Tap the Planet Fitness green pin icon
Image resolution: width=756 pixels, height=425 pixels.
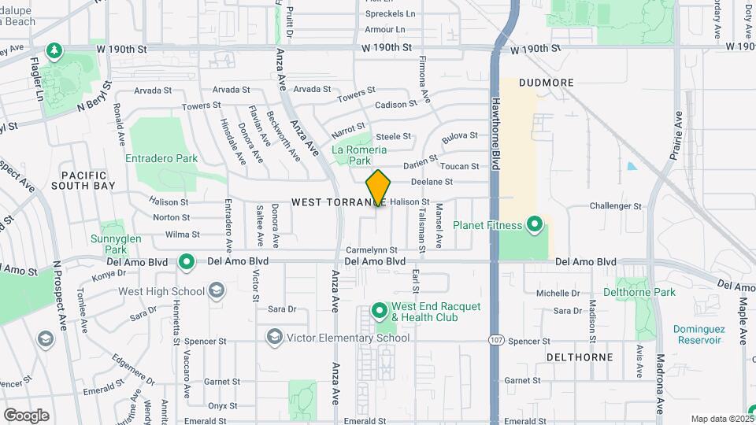535,225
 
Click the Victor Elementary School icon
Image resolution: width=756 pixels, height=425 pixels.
275,338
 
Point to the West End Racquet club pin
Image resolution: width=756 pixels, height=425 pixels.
379,312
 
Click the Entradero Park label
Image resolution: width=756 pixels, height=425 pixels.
161,158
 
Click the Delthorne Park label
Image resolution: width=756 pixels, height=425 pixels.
639,292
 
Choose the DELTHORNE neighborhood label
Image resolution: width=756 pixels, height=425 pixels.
580,357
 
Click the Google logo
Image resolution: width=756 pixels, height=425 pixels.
26,415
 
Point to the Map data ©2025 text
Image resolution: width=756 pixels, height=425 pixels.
721,419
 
